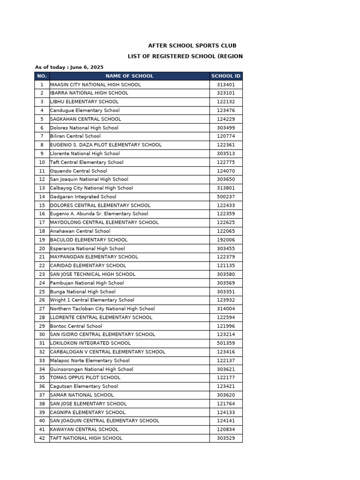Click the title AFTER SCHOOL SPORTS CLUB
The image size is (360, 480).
point(192,45)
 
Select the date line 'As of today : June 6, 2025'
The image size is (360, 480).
point(69,67)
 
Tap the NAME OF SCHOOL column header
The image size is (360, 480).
point(129,76)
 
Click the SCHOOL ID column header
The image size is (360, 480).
point(226,76)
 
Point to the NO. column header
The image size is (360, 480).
point(42,76)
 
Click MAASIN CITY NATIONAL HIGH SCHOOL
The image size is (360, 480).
point(95,84)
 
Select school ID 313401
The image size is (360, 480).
point(226,84)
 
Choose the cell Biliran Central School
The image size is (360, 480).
point(75,136)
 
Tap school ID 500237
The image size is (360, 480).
point(226,196)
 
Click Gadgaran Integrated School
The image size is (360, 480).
point(83,196)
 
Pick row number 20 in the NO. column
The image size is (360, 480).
point(42,248)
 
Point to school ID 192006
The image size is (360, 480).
point(226,240)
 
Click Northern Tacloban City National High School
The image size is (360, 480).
point(102,308)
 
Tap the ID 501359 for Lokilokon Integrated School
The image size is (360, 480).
point(226,343)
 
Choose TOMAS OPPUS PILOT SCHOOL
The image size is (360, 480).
point(85,377)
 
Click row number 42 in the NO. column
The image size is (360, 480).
point(42,438)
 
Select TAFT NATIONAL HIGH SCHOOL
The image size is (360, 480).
point(86,438)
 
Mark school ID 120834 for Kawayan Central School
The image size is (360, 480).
point(226,429)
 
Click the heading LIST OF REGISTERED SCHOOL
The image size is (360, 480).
point(185,56)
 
